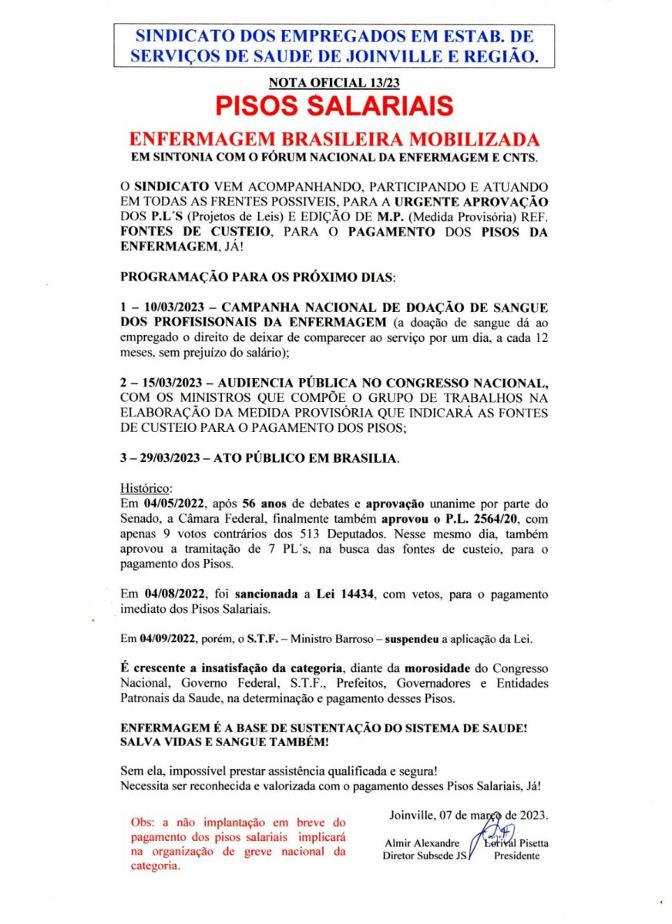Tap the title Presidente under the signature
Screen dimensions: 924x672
coord(516,856)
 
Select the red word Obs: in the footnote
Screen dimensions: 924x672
coord(143,822)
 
